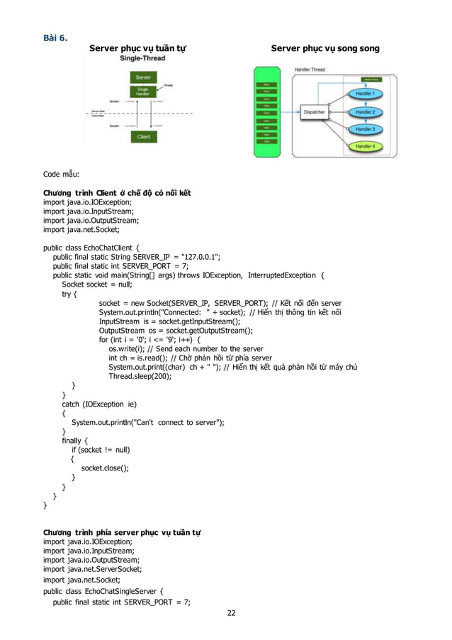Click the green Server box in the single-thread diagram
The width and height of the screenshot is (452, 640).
[142, 77]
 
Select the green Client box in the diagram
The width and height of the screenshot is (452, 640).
[142, 137]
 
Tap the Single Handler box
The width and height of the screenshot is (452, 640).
[142, 91]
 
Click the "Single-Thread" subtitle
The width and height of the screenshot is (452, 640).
[142, 58]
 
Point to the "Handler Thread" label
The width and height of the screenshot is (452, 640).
[310, 69]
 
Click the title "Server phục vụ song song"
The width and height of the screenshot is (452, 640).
[325, 48]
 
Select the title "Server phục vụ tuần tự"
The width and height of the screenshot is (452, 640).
[137, 48]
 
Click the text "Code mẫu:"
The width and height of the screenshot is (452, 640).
[61, 175]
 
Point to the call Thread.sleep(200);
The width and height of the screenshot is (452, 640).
[140, 376]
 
